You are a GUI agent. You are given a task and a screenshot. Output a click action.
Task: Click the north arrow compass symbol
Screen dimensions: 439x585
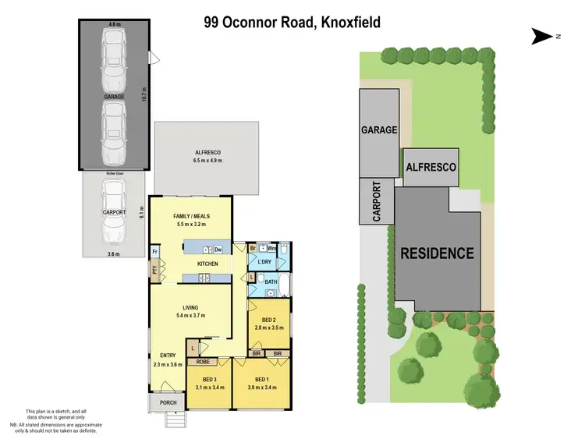pyautogui.click(x=541, y=35)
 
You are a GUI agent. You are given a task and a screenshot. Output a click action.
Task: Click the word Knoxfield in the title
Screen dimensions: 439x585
pyautogui.click(x=342, y=23)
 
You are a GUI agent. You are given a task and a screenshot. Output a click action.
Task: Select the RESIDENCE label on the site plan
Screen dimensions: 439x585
pyautogui.click(x=438, y=253)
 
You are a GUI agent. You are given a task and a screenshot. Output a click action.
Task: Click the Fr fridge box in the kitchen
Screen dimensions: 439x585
pyautogui.click(x=156, y=252)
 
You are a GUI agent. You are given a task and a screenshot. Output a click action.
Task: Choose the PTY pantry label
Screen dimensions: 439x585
pyautogui.click(x=156, y=271)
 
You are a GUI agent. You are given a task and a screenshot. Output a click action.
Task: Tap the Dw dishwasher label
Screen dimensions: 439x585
pyautogui.click(x=218, y=250)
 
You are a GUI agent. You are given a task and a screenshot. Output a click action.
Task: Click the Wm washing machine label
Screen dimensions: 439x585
pyautogui.click(x=272, y=249)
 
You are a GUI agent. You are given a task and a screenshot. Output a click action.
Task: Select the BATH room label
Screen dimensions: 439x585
pyautogui.click(x=271, y=282)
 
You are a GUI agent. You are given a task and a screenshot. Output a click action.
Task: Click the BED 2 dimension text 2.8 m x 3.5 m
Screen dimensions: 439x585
pyautogui.click(x=270, y=328)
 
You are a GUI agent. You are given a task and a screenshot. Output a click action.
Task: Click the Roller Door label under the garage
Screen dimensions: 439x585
pyautogui.click(x=115, y=174)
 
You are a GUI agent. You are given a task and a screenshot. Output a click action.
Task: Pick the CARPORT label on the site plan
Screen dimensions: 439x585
pyautogui.click(x=377, y=202)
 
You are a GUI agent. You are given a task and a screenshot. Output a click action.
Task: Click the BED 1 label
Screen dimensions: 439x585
pyautogui.click(x=261, y=380)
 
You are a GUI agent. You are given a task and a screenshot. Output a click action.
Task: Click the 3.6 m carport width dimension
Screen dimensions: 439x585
pyautogui.click(x=115, y=253)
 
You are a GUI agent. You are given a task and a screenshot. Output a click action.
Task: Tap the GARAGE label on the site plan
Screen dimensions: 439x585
pyautogui.click(x=378, y=130)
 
